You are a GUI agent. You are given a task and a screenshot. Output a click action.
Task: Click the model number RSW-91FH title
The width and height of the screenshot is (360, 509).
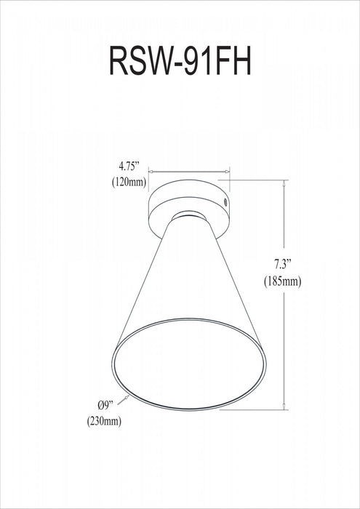pos(180,63)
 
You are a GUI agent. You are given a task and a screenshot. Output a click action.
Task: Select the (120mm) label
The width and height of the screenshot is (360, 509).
pos(127,182)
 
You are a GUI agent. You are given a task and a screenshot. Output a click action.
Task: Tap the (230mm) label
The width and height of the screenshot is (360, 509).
pos(105,420)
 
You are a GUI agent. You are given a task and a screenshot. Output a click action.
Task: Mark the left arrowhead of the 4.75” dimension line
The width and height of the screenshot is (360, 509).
pos(151,174)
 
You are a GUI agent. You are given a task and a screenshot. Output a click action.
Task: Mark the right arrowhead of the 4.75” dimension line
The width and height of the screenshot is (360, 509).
pos(227,174)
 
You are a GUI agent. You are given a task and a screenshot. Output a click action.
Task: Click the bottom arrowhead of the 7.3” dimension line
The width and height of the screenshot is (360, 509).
pos(284,408)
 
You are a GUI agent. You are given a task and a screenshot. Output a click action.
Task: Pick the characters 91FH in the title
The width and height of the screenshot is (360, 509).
pos(217,63)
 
